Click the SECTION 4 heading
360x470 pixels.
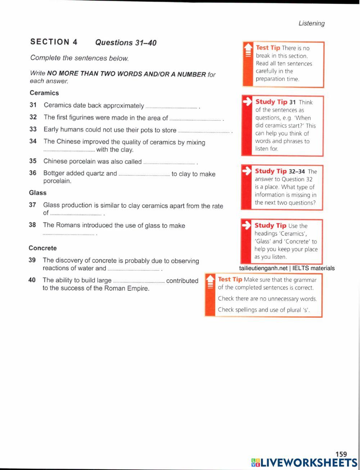tap(54, 42)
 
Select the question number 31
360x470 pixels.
tap(33, 105)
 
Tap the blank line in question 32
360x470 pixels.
tap(195, 119)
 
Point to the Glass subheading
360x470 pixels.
tap(38, 193)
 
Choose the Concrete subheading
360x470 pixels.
tap(43, 248)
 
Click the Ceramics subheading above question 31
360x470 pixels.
tap(44, 93)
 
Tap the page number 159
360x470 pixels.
tap(341, 455)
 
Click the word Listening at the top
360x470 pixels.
tap(311, 23)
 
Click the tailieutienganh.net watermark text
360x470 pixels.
tap(287, 268)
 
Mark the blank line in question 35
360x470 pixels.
tap(169, 163)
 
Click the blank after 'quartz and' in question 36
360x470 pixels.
tap(144, 175)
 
